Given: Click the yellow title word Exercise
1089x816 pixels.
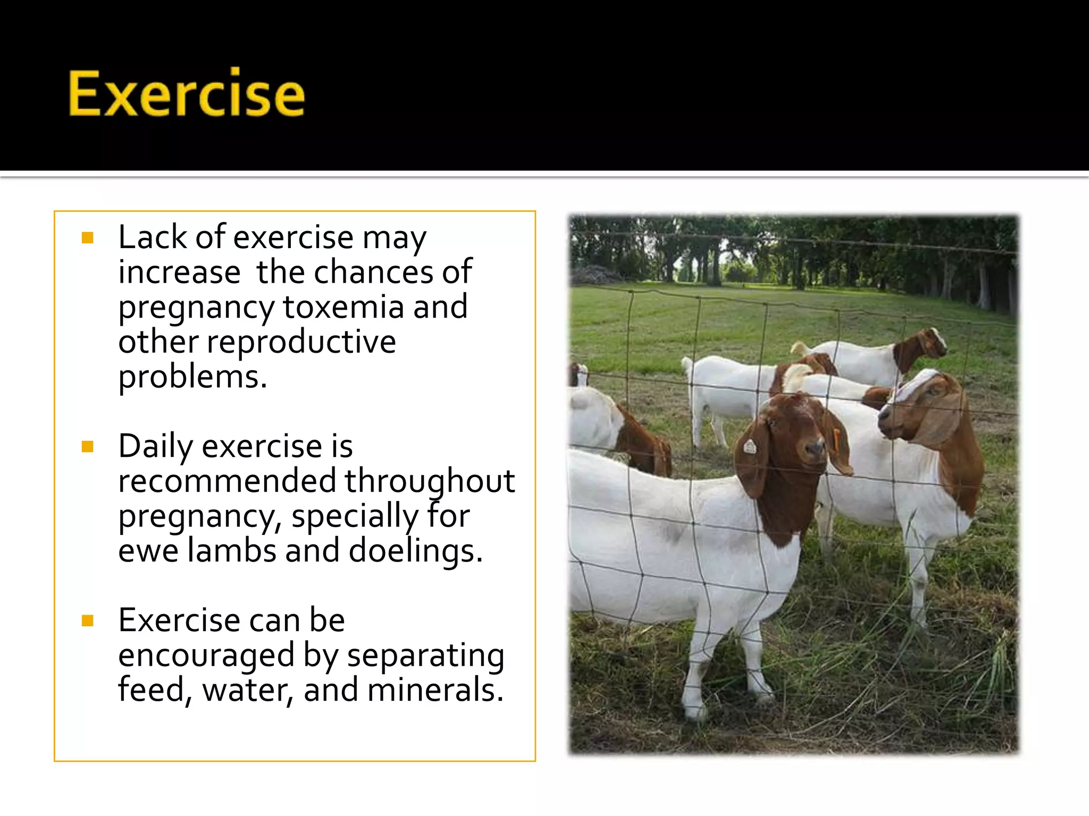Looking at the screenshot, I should pos(186,94).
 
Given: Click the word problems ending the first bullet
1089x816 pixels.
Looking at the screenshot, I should pos(192,377).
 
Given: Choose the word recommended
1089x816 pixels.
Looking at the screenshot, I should pos(227,481).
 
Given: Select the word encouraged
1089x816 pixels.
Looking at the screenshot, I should pos(206,655).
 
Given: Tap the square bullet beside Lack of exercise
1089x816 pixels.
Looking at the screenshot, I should pos(88,237).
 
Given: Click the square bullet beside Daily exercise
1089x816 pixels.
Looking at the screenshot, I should pos(88,446).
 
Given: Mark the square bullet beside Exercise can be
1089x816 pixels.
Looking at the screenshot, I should pos(88,620).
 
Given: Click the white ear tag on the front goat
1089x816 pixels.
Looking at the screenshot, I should pos(750,446).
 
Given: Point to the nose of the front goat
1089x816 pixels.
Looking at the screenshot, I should pos(815,449).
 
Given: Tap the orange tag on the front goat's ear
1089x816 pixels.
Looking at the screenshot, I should pos(836,439).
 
